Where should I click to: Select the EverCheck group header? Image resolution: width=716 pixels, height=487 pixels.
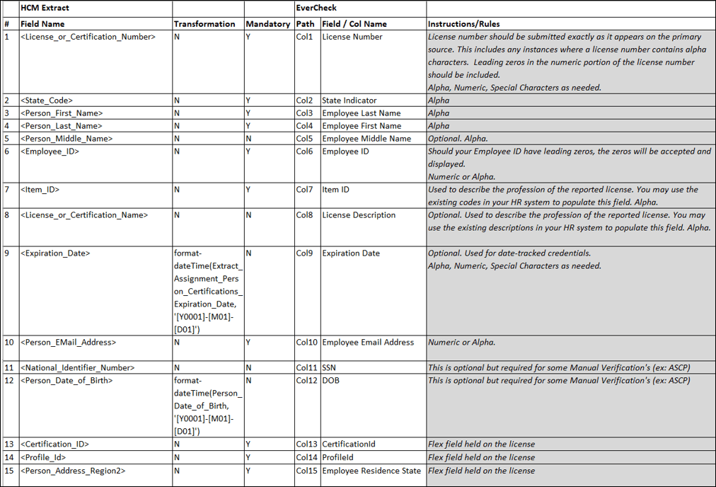pyautogui.click(x=316, y=8)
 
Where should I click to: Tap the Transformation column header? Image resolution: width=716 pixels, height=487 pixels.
pyautogui.click(x=204, y=24)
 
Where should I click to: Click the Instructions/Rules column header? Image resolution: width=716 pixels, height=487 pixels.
pyautogui.click(x=464, y=24)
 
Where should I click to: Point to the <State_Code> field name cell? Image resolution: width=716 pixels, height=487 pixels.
pyautogui.click(x=47, y=101)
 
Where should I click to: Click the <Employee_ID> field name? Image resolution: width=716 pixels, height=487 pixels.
pyautogui.click(x=50, y=151)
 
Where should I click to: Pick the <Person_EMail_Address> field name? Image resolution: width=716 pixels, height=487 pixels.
pyautogui.click(x=69, y=343)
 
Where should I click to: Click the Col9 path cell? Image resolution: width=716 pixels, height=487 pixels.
pyautogui.click(x=304, y=253)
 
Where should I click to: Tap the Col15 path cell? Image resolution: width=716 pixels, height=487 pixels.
pyautogui.click(x=307, y=471)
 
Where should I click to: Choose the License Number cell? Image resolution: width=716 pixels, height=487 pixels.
pyautogui.click(x=352, y=37)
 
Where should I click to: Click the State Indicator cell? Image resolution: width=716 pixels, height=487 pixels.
pyautogui.click(x=350, y=101)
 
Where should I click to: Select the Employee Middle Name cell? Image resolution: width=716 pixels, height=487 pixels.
pyautogui.click(x=366, y=139)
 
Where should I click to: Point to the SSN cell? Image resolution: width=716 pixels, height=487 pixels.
pyautogui.click(x=330, y=368)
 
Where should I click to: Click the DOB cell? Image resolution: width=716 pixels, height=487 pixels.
pyautogui.click(x=331, y=381)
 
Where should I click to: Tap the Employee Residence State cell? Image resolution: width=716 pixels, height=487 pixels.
pyautogui.click(x=372, y=471)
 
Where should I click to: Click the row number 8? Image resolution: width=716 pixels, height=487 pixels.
pyautogui.click(x=7, y=215)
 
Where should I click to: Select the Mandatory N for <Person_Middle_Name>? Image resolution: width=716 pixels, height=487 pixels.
pyautogui.click(x=248, y=139)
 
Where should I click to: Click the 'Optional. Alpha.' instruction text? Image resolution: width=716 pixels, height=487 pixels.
pyautogui.click(x=458, y=139)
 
